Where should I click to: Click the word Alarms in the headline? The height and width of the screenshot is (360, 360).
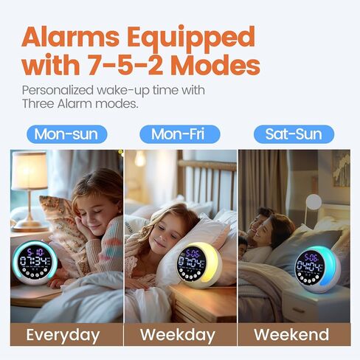point(70,38)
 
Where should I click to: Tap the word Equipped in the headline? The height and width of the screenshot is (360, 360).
point(191,39)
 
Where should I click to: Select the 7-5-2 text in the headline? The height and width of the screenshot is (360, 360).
point(125,65)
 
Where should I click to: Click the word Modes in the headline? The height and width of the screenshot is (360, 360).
point(215,65)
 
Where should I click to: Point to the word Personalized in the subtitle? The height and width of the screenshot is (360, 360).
point(58,91)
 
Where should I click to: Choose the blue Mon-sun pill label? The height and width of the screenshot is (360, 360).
point(66,134)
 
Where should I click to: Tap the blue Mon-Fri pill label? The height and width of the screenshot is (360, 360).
point(180,134)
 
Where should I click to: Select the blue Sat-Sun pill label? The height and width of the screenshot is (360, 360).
point(294,134)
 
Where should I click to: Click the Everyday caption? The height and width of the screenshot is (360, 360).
point(63,336)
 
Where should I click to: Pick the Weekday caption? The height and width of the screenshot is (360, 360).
point(178,336)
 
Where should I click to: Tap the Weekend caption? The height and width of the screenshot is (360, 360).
point(291,335)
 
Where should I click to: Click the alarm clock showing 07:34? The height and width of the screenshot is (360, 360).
point(35,263)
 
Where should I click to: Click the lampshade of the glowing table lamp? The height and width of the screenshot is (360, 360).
point(30,170)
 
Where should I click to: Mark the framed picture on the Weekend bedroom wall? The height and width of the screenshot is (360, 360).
point(342,168)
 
